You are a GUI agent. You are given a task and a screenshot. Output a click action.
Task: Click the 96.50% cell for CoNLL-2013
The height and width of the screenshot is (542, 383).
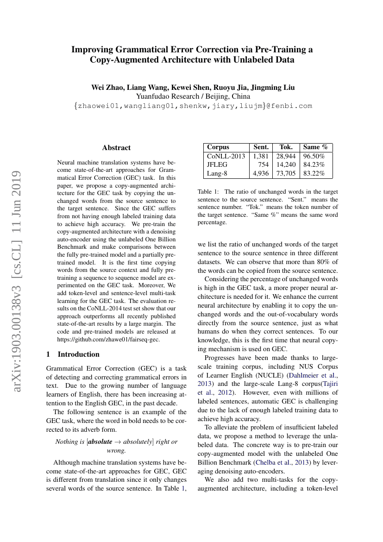[x=314, y=156]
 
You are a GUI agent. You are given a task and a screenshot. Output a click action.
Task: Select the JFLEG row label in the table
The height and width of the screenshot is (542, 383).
[x=217, y=165]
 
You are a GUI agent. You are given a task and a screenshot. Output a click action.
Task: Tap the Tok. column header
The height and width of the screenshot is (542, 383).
[x=286, y=147]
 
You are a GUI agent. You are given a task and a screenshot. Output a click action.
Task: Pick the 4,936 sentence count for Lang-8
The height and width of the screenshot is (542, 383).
[x=260, y=174]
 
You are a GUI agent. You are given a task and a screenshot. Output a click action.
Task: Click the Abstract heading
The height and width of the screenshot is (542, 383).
[x=116, y=148]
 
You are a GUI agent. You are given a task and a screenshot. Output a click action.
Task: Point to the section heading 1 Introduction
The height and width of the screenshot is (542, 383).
[x=73, y=354]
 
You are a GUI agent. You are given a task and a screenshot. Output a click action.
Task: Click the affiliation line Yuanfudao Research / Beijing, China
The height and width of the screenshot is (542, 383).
[x=193, y=96]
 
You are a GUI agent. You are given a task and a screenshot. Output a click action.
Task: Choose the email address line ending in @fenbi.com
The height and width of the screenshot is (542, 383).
[x=193, y=106]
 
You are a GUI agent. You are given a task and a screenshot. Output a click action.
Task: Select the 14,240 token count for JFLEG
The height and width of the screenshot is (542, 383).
[x=286, y=165]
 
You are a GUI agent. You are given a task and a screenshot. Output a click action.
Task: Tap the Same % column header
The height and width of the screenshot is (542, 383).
[x=315, y=147]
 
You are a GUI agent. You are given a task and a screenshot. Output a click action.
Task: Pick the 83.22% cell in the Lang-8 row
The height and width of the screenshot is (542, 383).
[x=314, y=174]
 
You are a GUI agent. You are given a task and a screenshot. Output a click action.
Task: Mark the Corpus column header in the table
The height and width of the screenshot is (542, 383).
[x=218, y=147]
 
